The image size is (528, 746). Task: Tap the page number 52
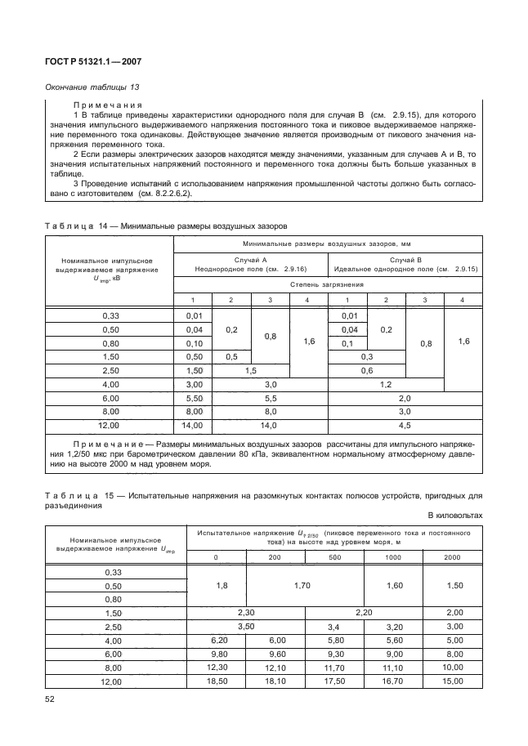(50, 698)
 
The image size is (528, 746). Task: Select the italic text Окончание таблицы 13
(89, 88)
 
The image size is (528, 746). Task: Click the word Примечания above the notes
(108, 105)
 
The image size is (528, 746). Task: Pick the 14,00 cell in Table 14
(192, 426)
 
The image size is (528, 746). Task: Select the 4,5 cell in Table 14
(405, 426)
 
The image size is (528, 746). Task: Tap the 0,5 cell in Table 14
(231, 356)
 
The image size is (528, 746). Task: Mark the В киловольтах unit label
(455, 516)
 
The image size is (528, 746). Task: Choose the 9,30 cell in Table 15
(334, 654)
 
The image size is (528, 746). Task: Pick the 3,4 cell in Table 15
(334, 627)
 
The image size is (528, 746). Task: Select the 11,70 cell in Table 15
(334, 668)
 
